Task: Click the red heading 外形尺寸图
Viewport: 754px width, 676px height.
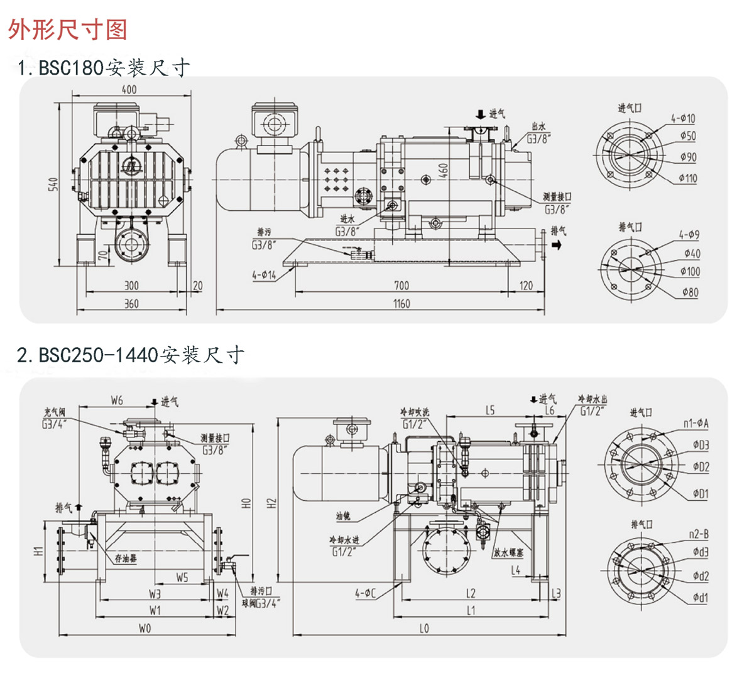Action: pyautogui.click(x=68, y=29)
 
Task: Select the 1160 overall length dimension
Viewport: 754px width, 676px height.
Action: pyautogui.click(x=401, y=304)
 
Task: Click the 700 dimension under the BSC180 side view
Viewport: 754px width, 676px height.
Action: pyautogui.click(x=401, y=286)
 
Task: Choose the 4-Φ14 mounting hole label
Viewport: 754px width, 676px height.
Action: pyautogui.click(x=264, y=274)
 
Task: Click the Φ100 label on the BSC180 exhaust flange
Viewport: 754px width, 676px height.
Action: pyautogui.click(x=689, y=272)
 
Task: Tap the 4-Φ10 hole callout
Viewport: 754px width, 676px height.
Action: pyautogui.click(x=683, y=119)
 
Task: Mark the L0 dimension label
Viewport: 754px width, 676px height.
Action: pyautogui.click(x=424, y=628)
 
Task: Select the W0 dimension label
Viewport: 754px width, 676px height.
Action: pyautogui.click(x=145, y=628)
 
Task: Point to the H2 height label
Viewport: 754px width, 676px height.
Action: pyautogui.click(x=271, y=503)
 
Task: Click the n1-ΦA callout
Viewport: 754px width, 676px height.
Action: pyautogui.click(x=696, y=424)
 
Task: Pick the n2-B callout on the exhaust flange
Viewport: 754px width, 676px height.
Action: pyautogui.click(x=699, y=534)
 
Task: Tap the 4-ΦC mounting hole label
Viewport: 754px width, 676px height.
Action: pyautogui.click(x=365, y=592)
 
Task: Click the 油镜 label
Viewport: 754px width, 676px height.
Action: pyautogui.click(x=343, y=516)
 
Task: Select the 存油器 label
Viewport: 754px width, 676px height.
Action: pyautogui.click(x=126, y=558)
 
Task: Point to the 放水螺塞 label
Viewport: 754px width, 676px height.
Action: pyautogui.click(x=508, y=553)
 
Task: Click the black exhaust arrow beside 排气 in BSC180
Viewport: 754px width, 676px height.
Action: pyautogui.click(x=555, y=245)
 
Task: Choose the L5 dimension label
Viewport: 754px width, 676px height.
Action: pyautogui.click(x=489, y=410)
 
